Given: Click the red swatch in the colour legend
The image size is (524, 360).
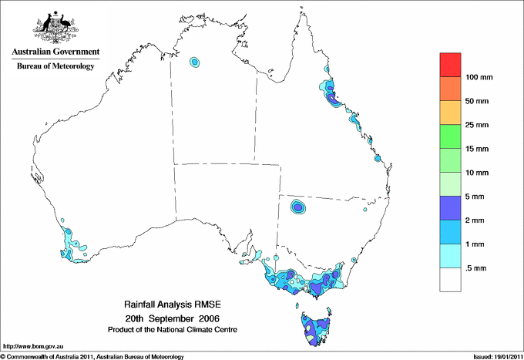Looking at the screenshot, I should pyautogui.click(x=450, y=65).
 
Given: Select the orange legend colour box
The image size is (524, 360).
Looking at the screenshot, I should pyautogui.click(x=450, y=89).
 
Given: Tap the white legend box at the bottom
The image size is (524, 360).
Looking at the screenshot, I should pyautogui.click(x=450, y=279).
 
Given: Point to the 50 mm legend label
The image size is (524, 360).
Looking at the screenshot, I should pyautogui.click(x=478, y=101).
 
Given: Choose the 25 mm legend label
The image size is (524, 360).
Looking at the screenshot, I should pyautogui.click(x=478, y=125).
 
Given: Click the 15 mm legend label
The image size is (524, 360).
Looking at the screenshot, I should pyautogui.click(x=478, y=149).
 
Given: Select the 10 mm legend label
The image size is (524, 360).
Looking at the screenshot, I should pyautogui.click(x=478, y=173).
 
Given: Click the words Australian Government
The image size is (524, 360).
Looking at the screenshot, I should pyautogui.click(x=55, y=52).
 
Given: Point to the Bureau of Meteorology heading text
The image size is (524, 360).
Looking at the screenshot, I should pyautogui.click(x=55, y=66).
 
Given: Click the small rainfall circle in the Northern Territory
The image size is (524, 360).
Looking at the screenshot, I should pyautogui.click(x=195, y=61).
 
